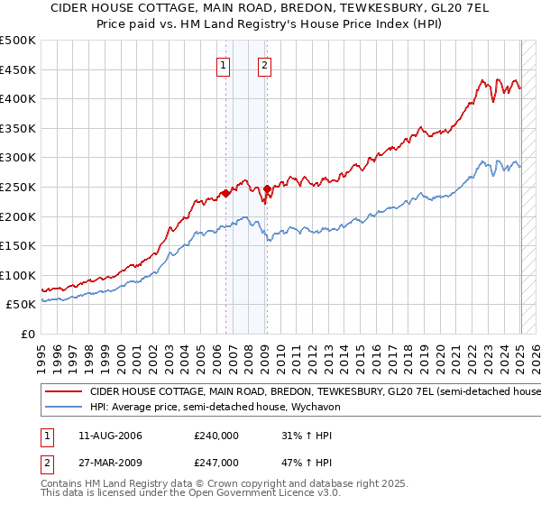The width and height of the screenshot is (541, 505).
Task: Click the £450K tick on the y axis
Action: coord(19,69)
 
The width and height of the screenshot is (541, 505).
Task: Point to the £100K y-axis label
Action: coord(19,275)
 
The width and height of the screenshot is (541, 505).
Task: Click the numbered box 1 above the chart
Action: coord(222,64)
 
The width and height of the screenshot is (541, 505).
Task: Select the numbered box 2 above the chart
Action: coord(264,64)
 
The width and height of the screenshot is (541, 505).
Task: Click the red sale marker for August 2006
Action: coord(225,192)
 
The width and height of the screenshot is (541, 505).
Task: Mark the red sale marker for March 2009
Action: coord(267,188)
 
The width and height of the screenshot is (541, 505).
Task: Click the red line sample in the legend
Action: coord(64,392)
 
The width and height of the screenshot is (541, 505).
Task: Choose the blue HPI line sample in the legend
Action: coord(64,407)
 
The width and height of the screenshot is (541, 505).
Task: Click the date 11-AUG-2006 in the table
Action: coord(110,436)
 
